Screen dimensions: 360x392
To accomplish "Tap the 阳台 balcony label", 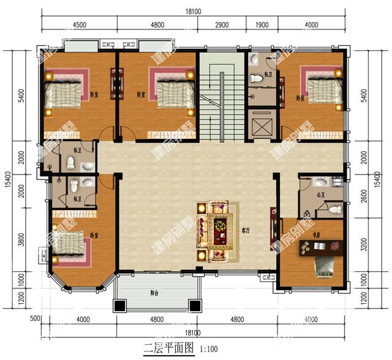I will click(x=157, y=293).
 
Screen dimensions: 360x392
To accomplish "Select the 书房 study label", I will click(x=316, y=234).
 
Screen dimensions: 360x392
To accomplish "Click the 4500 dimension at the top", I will click(x=79, y=25).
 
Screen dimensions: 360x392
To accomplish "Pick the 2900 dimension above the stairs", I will click(x=222, y=25).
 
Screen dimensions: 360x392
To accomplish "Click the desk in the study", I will click(x=316, y=249).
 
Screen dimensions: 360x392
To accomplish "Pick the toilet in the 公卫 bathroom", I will click(x=334, y=209).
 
